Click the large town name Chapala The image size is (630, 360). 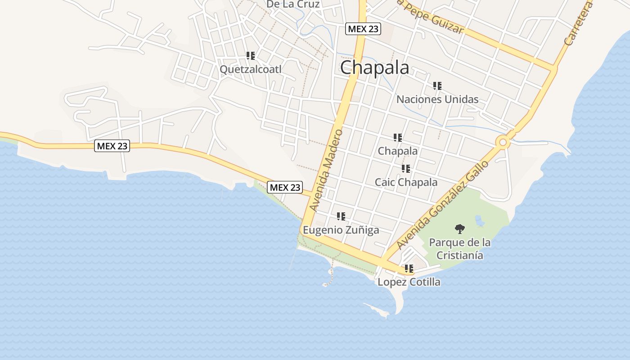click(374, 68)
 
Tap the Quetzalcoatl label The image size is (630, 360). click(250, 69)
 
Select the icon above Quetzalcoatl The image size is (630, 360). click(251, 56)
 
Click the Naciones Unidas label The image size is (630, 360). click(437, 99)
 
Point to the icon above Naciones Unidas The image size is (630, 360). click(437, 85)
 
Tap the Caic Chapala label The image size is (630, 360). click(406, 182)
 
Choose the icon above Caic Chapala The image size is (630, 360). click(406, 169)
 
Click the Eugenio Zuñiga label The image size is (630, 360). click(341, 230)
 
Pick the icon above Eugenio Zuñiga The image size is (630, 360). click(341, 216)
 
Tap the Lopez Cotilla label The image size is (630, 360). click(409, 282)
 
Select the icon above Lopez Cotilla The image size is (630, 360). click(409, 269)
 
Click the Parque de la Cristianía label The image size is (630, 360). click(459, 249)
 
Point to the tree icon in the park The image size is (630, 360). click(459, 229)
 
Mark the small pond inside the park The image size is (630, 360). click(480, 221)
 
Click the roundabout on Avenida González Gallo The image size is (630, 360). click(503, 143)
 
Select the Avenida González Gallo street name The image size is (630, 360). click(442, 205)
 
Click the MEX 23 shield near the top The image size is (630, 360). click(363, 29)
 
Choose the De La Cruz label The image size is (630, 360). click(293, 4)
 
